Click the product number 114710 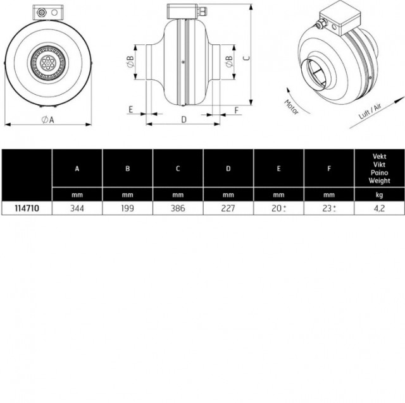coord(27,208)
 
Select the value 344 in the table coord(77,208)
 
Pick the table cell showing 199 coord(128,208)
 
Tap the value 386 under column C coord(178,208)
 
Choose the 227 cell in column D coord(228,208)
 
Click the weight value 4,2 coord(379,208)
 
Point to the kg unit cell coord(379,195)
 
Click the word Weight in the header coord(379,181)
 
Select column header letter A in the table coord(77,169)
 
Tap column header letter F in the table coord(329,169)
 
